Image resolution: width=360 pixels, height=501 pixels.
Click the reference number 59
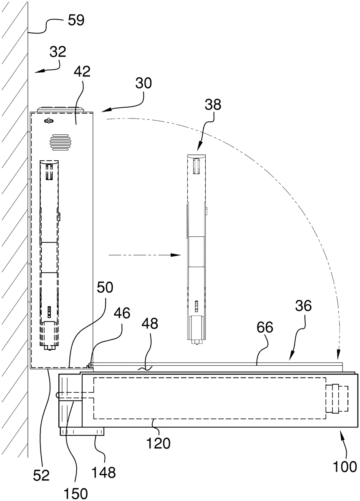(x=76, y=20)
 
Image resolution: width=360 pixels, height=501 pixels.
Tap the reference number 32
(x=58, y=52)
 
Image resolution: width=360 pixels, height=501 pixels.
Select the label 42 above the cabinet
(x=83, y=71)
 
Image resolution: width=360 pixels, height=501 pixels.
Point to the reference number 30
(x=143, y=83)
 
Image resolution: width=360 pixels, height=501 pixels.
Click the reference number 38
(x=213, y=104)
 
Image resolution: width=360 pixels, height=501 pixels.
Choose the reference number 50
(x=105, y=287)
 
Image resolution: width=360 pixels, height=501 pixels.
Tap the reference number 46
(x=122, y=313)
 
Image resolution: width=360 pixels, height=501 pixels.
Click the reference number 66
(x=265, y=327)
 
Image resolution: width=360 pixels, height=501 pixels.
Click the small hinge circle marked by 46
(x=90, y=365)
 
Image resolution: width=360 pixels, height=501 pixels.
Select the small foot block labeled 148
(x=82, y=431)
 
